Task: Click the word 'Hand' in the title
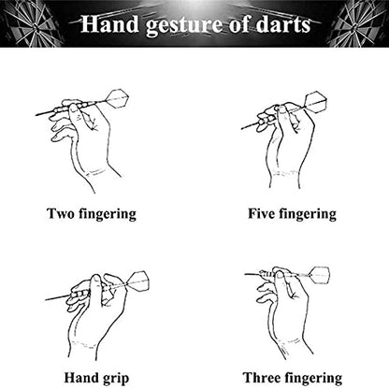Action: pyautogui.click(x=109, y=24)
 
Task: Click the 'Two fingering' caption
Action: pyautogui.click(x=92, y=214)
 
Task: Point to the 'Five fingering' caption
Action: pyautogui.click(x=292, y=214)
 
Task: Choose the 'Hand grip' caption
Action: pyautogui.click(x=96, y=378)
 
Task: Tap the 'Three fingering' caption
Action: pyautogui.click(x=293, y=378)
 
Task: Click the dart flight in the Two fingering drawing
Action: pyautogui.click(x=117, y=99)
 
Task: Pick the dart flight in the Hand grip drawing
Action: pyautogui.click(x=137, y=281)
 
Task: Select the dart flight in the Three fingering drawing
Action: pyautogui.click(x=320, y=276)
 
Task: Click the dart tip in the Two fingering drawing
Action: pyautogui.click(x=36, y=115)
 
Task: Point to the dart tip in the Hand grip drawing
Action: pyautogui.click(x=46, y=300)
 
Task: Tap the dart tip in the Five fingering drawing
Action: pyautogui.click(x=242, y=128)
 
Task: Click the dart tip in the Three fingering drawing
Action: pyautogui.click(x=245, y=274)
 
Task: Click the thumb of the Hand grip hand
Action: pyautogui.click(x=96, y=288)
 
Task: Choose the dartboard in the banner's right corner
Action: pyautogui.click(x=358, y=23)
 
